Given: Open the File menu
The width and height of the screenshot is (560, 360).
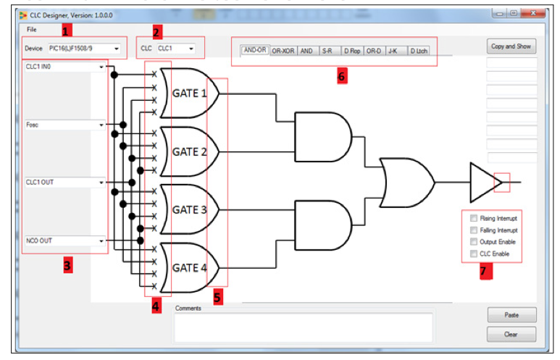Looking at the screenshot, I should (x=31, y=29).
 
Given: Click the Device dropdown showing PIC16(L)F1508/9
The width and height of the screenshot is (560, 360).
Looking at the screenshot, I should (x=84, y=49).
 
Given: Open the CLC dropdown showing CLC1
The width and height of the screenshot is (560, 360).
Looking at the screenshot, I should (x=176, y=49).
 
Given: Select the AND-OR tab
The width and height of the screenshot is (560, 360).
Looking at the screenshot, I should (x=254, y=51).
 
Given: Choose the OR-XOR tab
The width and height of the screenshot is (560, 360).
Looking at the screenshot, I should (x=283, y=51).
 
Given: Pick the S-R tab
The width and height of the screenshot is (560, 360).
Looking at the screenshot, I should (x=327, y=51).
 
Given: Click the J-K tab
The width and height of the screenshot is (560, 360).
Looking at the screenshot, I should (x=393, y=51).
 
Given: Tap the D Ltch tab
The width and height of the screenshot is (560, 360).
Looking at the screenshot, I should (x=419, y=51).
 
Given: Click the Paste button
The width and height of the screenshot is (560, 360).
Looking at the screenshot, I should (x=511, y=315).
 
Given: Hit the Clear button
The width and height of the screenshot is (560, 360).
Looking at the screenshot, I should (x=511, y=335).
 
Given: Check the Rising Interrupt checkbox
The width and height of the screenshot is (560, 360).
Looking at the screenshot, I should (x=474, y=218).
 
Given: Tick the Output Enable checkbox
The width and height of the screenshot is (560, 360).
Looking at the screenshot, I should (x=474, y=242).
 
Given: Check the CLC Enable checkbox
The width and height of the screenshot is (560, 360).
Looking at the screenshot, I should (x=474, y=254).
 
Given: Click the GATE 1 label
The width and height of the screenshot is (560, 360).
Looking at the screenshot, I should (x=190, y=93).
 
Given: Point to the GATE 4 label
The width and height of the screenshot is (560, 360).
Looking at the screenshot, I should (x=190, y=267).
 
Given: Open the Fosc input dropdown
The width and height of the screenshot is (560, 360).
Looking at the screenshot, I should (x=64, y=125).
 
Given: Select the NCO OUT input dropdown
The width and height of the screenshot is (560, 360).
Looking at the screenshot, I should (x=64, y=240).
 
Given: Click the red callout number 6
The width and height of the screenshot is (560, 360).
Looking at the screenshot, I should (x=342, y=76).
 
